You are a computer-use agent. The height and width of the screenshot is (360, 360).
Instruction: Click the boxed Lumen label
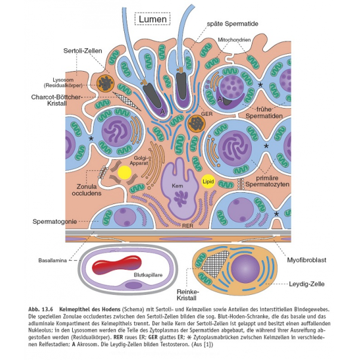point(153,19)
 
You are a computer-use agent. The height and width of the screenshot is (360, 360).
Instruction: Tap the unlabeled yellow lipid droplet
point(124,173)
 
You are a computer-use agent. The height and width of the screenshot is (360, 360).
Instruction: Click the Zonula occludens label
point(83,189)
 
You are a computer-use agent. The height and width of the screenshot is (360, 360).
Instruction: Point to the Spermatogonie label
point(54,222)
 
